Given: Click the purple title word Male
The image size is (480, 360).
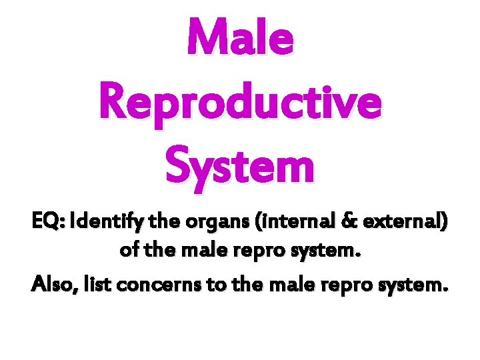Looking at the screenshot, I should click(x=240, y=39).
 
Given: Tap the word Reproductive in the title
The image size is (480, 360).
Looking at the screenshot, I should click(x=240, y=103).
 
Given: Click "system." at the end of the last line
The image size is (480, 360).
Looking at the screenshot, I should click(x=411, y=286).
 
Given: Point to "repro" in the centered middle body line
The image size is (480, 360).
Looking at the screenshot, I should click(x=267, y=253).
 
